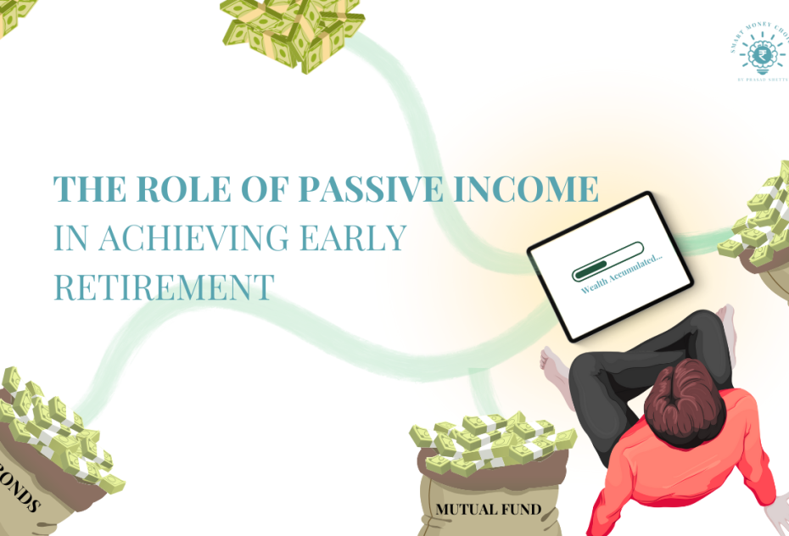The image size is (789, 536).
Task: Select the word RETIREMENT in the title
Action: pos(164,287)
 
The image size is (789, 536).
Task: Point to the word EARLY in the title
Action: pos(361,239)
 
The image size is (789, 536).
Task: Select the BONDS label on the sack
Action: pos(19,496)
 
